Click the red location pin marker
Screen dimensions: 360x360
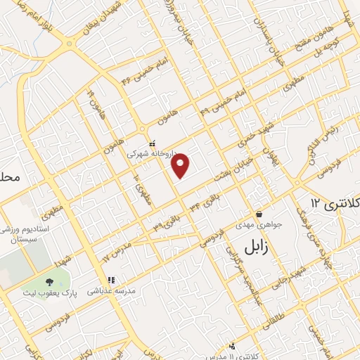181,165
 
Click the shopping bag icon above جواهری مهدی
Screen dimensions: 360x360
259,214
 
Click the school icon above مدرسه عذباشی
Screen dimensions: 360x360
108,279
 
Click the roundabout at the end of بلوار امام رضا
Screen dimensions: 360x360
70,44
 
